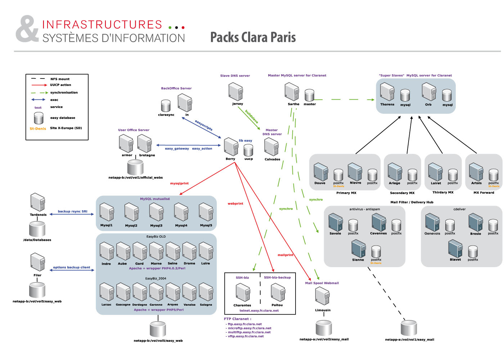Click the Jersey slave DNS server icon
(235, 92)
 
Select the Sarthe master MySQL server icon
(292, 92)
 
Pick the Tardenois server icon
(38, 202)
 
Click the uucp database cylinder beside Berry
(248, 150)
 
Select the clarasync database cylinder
(166, 106)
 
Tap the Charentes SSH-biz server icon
(243, 293)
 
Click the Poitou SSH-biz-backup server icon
(278, 293)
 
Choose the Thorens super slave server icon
(387, 92)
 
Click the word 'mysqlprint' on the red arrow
(179, 184)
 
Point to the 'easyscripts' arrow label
(204, 125)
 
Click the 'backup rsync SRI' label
(72, 211)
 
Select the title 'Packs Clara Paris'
(253, 37)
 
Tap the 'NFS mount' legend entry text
(60, 79)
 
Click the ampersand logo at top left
(27, 29)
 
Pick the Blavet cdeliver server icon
(455, 248)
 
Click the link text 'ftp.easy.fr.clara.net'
(245, 324)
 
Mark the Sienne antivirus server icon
(359, 249)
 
